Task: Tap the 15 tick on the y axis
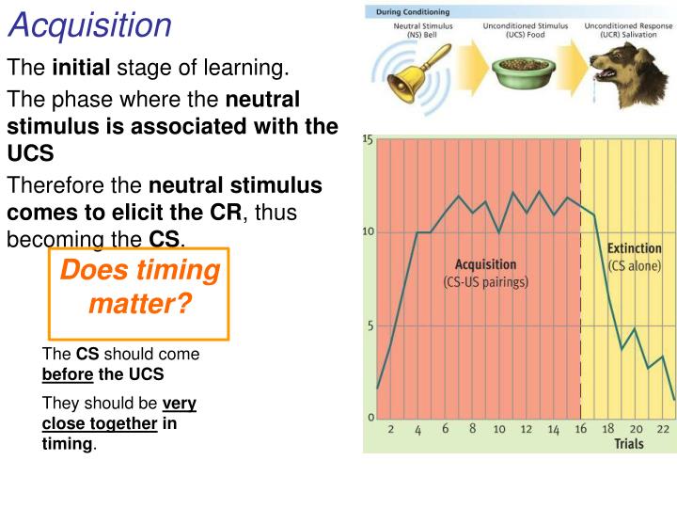368,140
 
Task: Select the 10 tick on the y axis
369,231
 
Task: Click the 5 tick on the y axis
370,326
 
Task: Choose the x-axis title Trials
629,443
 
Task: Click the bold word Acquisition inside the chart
485,264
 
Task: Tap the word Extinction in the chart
634,249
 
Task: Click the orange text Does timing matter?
139,288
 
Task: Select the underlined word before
68,374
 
